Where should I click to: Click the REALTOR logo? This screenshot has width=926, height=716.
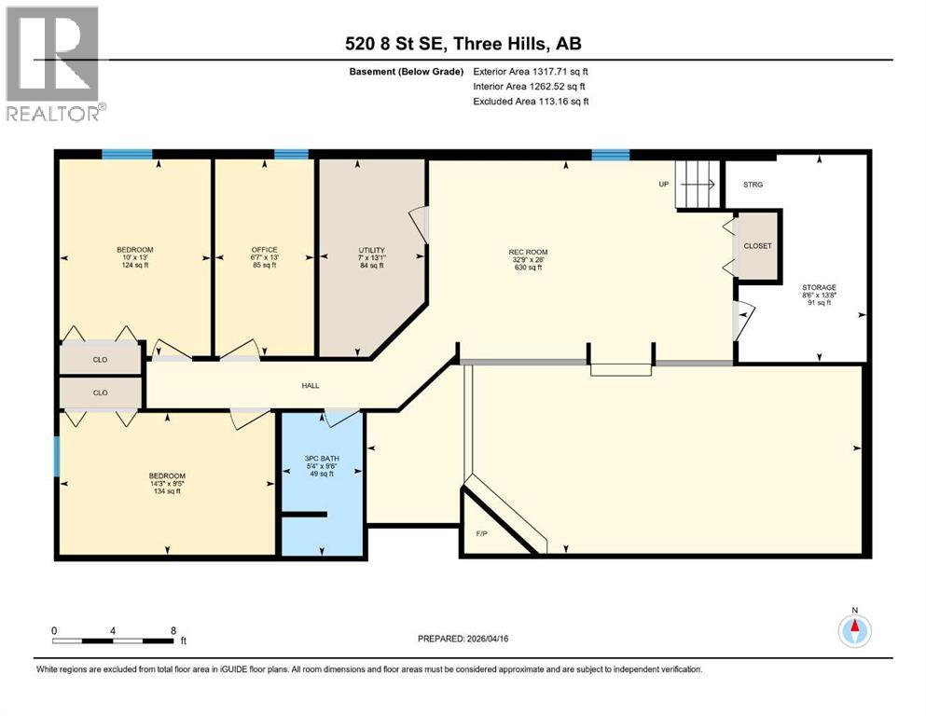click(54, 62)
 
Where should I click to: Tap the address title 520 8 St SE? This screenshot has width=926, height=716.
click(463, 44)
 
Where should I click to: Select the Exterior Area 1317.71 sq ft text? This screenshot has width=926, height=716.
click(531, 71)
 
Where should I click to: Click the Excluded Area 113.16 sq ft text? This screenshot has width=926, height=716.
click(531, 102)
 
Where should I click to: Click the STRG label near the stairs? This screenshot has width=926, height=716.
click(753, 185)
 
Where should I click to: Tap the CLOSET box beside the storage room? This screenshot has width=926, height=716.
click(757, 246)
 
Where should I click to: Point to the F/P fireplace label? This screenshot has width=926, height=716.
click(481, 534)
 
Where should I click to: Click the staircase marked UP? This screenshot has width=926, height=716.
click(696, 184)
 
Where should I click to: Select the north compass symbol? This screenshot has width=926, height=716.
click(853, 630)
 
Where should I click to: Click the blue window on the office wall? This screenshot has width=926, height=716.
click(291, 154)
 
